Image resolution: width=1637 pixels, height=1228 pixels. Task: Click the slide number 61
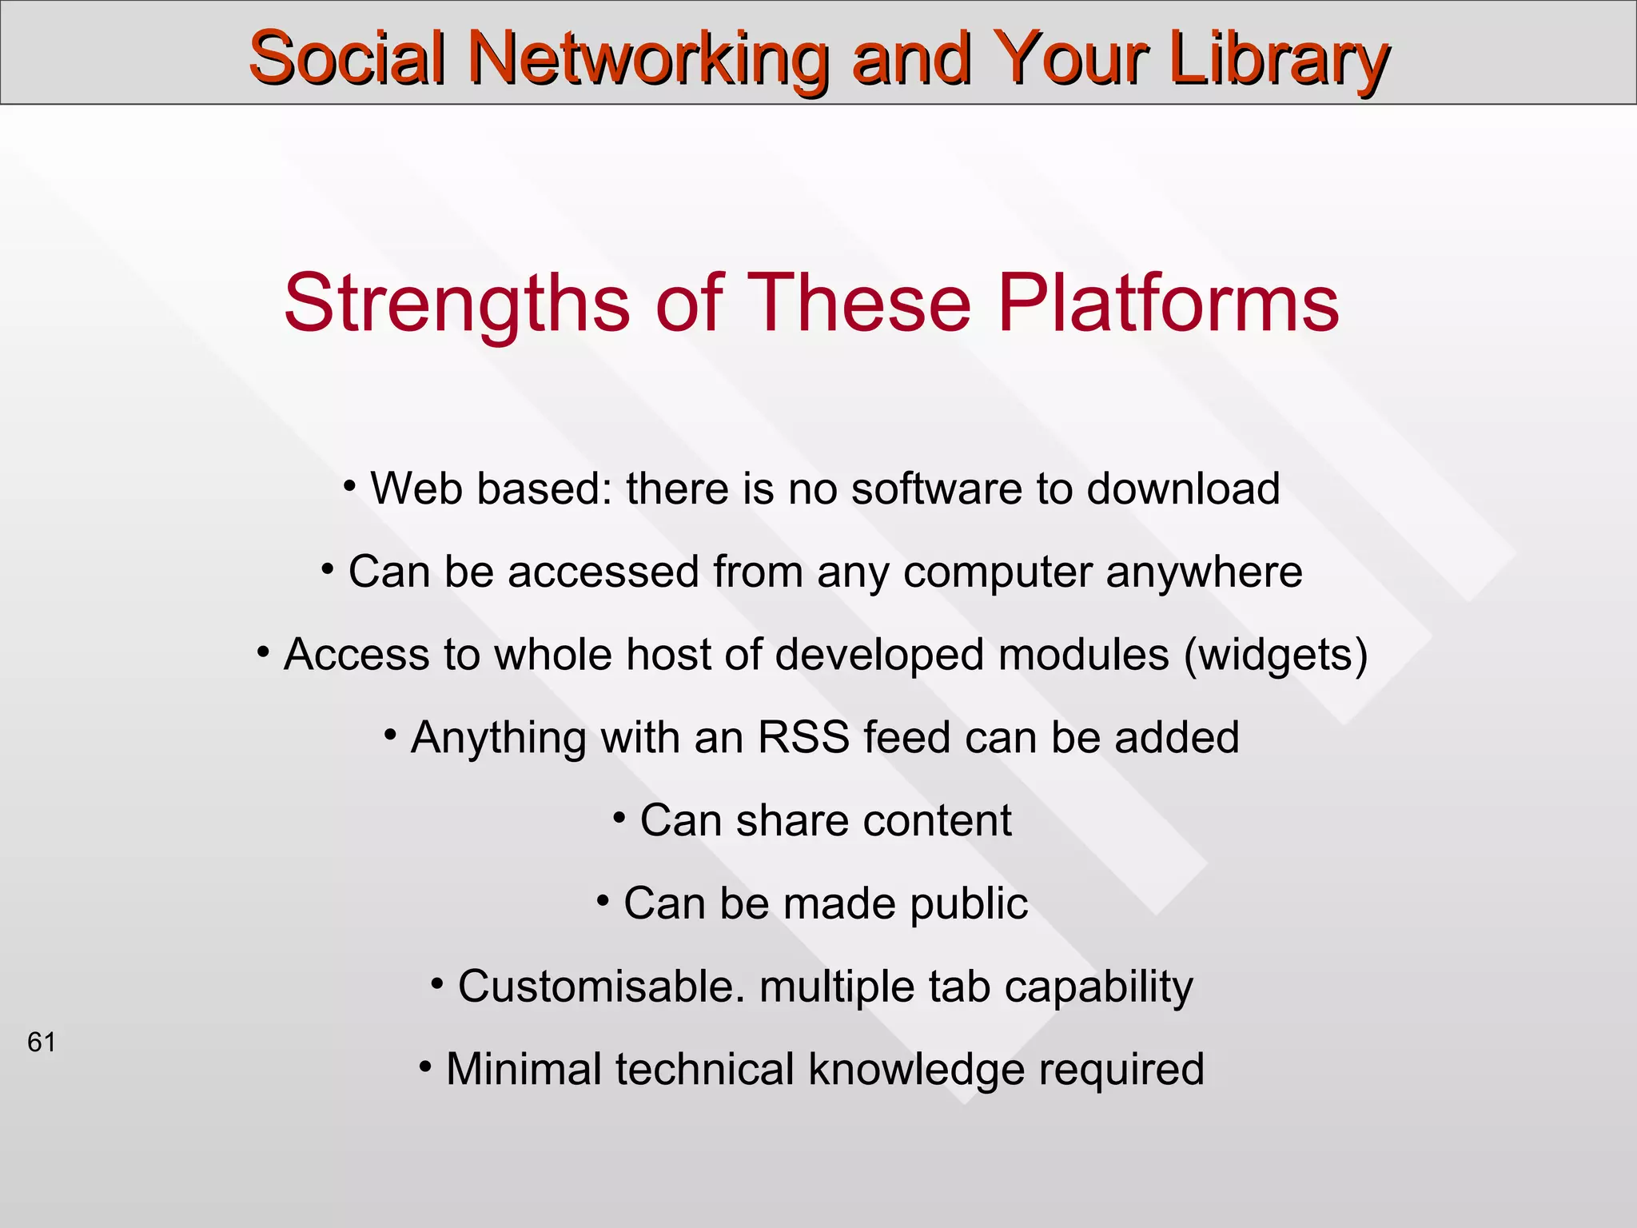point(42,1043)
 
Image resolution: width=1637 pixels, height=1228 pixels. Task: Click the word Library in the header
point(1278,60)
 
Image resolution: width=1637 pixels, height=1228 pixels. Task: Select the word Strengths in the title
point(456,303)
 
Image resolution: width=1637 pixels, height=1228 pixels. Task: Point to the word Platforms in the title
point(1168,303)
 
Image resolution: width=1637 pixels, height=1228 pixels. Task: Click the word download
point(1182,488)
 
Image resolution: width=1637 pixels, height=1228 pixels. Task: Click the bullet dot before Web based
point(349,484)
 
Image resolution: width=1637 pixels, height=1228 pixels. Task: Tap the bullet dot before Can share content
point(619,817)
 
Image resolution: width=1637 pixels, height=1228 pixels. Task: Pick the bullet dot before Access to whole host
point(263,651)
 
